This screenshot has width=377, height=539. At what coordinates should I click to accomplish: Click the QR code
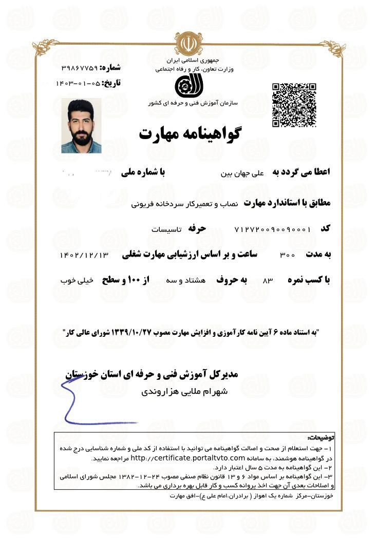coord(293,105)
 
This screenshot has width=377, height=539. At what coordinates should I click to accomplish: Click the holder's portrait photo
coord(81,126)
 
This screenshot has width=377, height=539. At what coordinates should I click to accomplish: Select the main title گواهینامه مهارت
coord(190,133)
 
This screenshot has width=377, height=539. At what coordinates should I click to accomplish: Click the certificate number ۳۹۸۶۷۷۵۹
coord(80,68)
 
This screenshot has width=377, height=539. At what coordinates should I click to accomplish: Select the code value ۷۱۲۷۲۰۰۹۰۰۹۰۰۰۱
coord(272,229)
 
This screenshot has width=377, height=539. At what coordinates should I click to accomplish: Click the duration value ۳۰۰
coord(287,255)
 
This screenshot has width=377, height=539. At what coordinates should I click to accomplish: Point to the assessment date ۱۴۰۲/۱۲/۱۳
coord(85,255)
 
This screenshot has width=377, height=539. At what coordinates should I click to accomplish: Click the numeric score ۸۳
coord(267,281)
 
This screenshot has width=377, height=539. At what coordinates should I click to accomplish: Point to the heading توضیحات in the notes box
coord(320,438)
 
